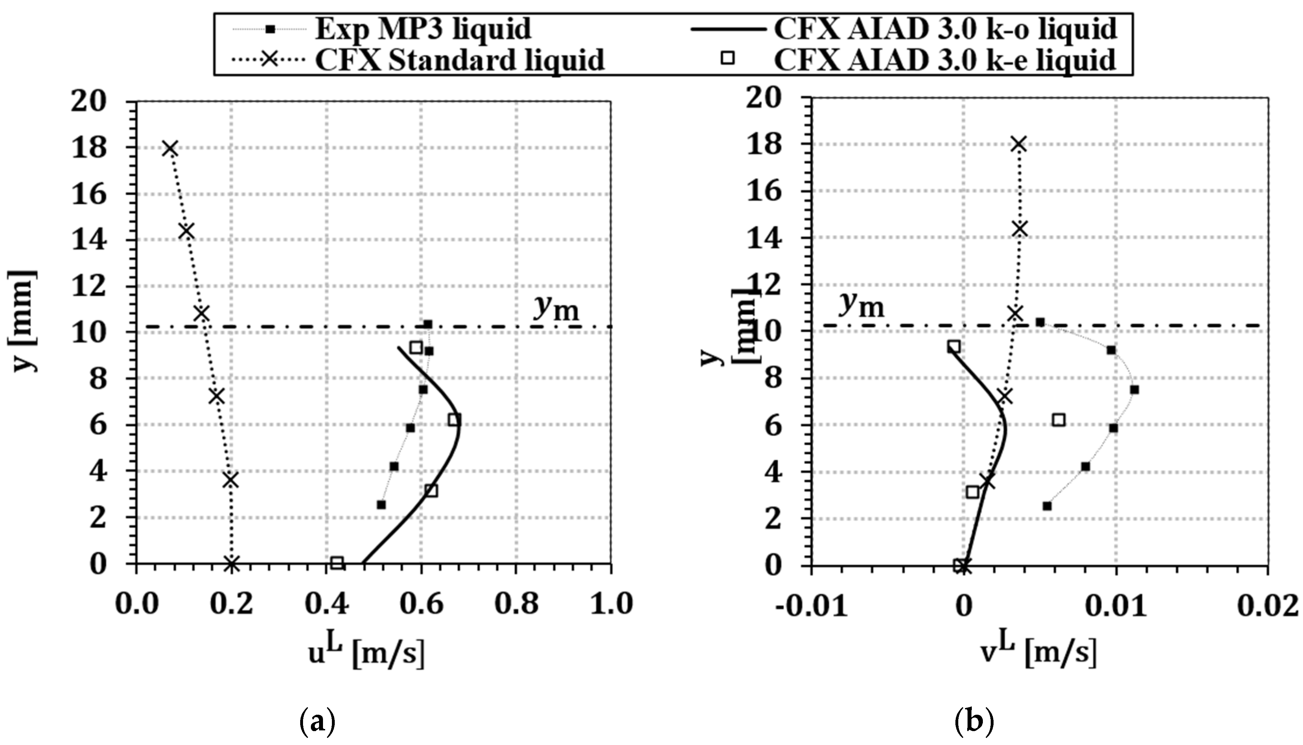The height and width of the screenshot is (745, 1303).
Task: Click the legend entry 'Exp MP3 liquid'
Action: [422, 29]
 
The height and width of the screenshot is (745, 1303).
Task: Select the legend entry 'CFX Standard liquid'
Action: [459, 60]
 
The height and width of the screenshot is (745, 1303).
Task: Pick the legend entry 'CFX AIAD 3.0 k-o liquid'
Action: [945, 29]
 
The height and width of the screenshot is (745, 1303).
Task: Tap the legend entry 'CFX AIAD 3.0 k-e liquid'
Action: [945, 60]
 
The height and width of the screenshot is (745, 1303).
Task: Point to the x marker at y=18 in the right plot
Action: [1019, 145]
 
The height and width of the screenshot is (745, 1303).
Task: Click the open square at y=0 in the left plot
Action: [337, 563]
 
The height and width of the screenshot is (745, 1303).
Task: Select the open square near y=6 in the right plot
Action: [1059, 420]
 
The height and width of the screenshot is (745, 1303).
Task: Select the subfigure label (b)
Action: [975, 722]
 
